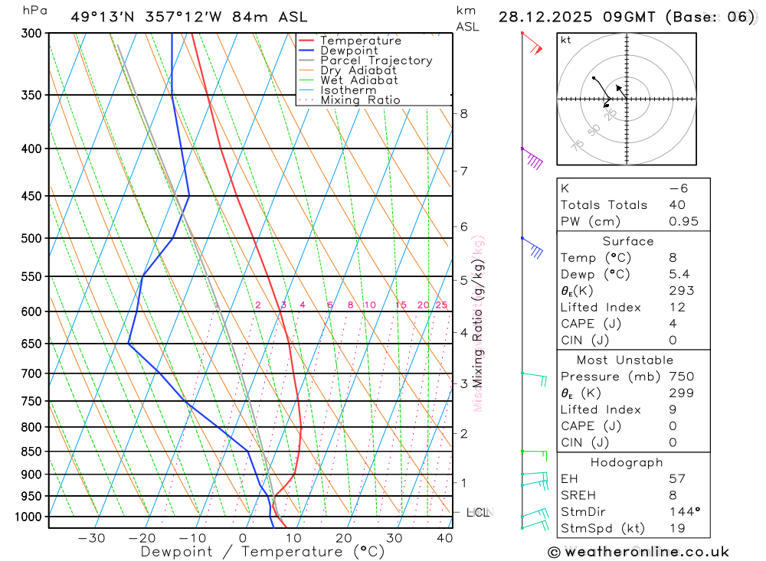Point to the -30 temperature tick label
point(91,538)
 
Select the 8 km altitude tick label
point(463,114)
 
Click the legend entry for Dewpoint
point(349,51)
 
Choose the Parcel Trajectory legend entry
point(375,60)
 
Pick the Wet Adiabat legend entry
point(358,80)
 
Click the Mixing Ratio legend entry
point(360,100)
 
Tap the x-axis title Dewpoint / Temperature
point(263,552)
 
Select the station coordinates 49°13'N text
point(104,17)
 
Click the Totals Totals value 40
point(677,205)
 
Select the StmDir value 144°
point(681,512)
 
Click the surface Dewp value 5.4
point(677,274)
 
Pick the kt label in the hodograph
point(566,40)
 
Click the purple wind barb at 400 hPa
point(533,160)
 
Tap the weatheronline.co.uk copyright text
point(638,552)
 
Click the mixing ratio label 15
point(401,305)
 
